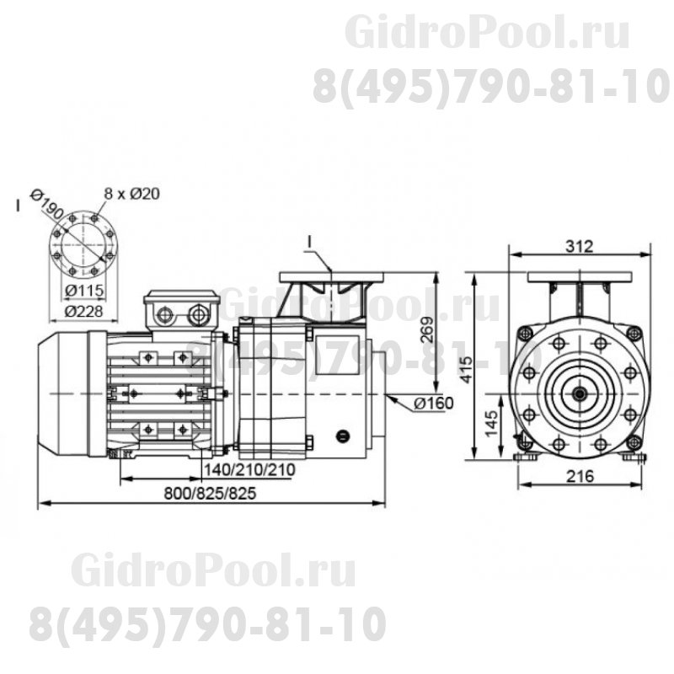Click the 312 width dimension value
click(580, 246)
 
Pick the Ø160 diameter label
click(434, 403)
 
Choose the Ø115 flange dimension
click(83, 291)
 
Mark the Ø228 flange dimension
click(83, 310)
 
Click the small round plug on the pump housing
click(342, 436)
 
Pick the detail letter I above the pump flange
click(309, 243)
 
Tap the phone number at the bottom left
click(207, 623)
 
